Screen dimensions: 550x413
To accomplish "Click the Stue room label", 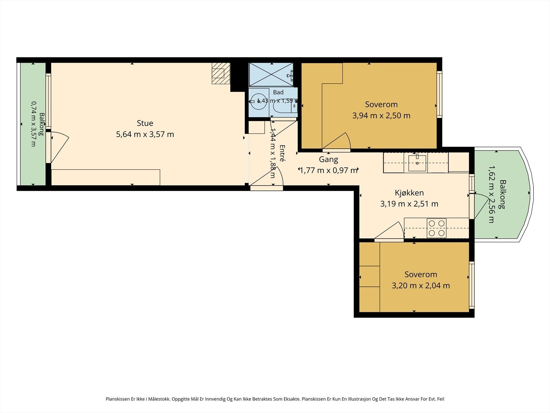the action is [x=145, y=123].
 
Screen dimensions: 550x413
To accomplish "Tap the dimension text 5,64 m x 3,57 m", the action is [x=145, y=135].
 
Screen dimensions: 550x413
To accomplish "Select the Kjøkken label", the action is [x=409, y=193].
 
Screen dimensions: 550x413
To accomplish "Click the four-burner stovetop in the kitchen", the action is [x=437, y=228].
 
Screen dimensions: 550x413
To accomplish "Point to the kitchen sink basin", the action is [x=417, y=163].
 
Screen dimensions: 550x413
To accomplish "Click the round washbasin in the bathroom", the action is [x=258, y=102].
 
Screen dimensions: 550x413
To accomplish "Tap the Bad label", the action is [x=278, y=92].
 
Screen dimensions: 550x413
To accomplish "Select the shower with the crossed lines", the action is [x=271, y=75].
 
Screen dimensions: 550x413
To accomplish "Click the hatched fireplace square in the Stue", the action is [x=221, y=73].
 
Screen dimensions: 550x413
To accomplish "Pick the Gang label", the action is [x=328, y=159].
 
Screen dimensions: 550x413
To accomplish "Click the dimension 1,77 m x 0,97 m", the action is [x=328, y=170].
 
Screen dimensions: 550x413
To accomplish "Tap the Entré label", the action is [x=282, y=153].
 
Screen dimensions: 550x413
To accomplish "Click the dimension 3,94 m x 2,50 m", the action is [x=381, y=116].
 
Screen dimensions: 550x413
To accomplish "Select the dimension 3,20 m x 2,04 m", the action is [x=421, y=286].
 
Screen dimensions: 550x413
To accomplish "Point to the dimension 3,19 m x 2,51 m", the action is [x=409, y=204].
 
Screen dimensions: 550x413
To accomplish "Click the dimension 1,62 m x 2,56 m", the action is [x=492, y=194].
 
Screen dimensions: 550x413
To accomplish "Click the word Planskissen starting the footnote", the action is [x=118, y=399].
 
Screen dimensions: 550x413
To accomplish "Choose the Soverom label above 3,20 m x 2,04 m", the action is [x=421, y=275].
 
